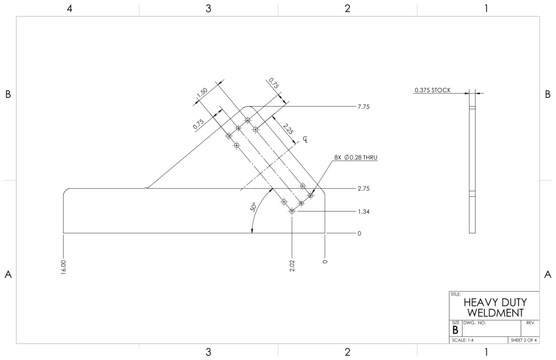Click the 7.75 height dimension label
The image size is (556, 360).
click(x=364, y=107)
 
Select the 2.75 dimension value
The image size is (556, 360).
click(x=364, y=188)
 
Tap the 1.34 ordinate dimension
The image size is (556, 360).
click(x=364, y=212)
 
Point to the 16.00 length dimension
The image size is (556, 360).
click(x=64, y=267)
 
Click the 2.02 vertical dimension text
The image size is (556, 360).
click(x=292, y=266)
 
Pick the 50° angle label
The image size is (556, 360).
click(x=253, y=207)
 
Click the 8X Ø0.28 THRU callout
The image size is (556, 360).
click(x=355, y=158)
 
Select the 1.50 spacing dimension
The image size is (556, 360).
click(x=202, y=92)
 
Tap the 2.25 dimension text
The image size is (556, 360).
click(x=288, y=128)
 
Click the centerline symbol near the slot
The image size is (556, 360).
click(x=305, y=139)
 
